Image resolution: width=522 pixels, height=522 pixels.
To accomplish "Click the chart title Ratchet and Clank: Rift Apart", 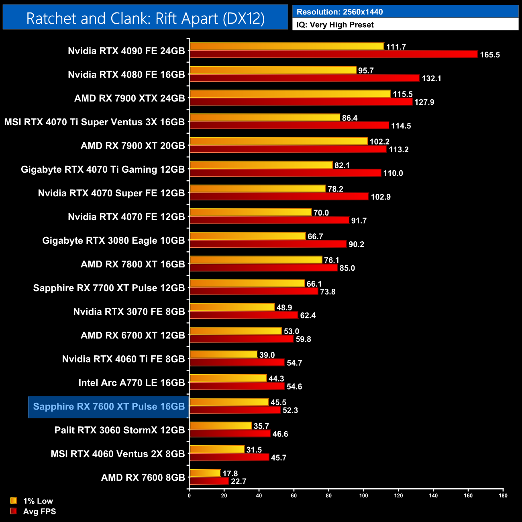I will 145,18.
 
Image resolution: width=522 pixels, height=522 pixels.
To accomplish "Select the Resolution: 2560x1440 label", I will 339,12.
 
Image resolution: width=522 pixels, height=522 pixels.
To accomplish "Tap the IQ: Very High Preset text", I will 335,25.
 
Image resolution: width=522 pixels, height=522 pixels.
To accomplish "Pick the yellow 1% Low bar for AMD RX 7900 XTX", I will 290,94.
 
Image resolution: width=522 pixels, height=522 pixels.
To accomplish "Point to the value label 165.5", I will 490,55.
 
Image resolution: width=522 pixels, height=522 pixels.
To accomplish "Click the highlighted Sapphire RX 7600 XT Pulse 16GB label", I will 109,406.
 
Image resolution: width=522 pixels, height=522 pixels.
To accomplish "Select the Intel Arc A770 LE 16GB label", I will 132,383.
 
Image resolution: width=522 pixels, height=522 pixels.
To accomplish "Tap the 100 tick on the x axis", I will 363,495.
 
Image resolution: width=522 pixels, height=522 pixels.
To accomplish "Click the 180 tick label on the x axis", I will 503,495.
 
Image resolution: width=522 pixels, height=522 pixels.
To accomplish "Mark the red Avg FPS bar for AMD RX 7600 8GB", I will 209,481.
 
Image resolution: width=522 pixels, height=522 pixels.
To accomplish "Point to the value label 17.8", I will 230,474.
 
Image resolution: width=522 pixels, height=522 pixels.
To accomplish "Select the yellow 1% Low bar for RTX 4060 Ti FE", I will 223,355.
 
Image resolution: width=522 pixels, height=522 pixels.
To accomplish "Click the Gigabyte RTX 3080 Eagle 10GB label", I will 114,241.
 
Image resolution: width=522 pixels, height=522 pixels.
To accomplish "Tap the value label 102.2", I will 379,142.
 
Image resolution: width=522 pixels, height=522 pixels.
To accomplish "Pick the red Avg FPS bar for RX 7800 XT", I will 263,268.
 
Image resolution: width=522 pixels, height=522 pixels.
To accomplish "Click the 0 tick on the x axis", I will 189,495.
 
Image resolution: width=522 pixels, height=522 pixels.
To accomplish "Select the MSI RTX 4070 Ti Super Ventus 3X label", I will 94,122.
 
